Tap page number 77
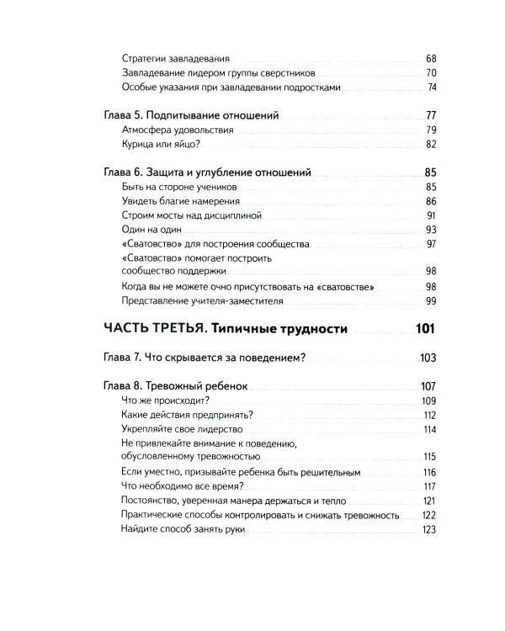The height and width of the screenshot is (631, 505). [x=430, y=114]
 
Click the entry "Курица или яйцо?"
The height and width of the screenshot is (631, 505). [x=161, y=145]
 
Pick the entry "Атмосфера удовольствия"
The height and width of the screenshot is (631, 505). [x=178, y=130]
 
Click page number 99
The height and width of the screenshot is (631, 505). [x=431, y=301]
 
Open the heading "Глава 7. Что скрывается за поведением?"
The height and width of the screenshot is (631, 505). [x=202, y=358]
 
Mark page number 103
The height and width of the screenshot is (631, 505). [x=428, y=358]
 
